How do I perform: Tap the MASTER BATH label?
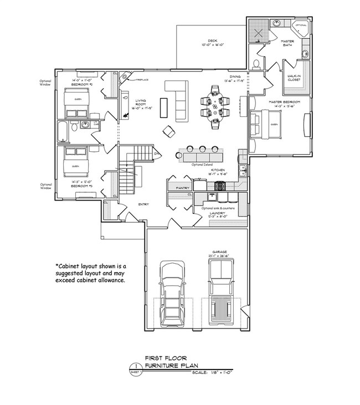click(x=287, y=43)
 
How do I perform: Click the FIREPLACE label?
click(x=136, y=80)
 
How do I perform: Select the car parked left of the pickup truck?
click(x=172, y=294)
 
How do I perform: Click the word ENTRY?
click(x=143, y=204)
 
